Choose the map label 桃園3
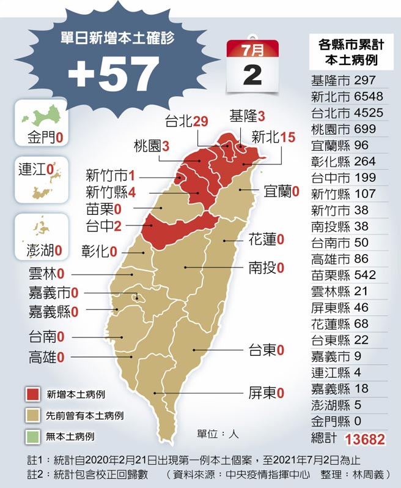click(x=151, y=146)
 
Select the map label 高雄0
click(x=46, y=356)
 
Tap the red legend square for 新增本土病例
click(x=33, y=393)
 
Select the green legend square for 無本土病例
click(x=33, y=437)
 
